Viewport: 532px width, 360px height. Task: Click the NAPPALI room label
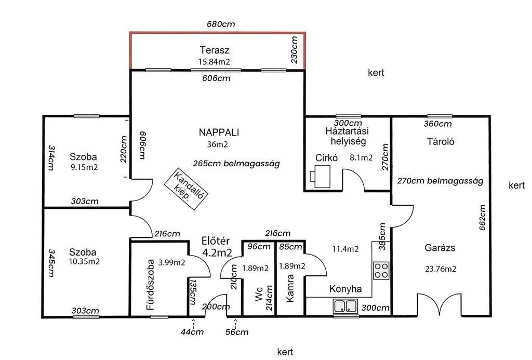[219, 132]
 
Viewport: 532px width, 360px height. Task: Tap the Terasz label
[215, 50]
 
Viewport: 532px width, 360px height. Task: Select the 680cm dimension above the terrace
[221, 24]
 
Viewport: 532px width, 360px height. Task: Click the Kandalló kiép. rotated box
[186, 189]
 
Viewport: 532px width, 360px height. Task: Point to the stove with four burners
[381, 271]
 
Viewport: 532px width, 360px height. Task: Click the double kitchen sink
[345, 306]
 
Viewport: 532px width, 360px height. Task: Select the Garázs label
[440, 248]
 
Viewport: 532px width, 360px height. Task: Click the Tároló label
[441, 141]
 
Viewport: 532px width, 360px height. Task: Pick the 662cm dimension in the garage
[482, 218]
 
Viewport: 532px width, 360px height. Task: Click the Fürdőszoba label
[150, 285]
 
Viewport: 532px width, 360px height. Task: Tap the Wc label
[259, 294]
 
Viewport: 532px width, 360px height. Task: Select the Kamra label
[290, 288]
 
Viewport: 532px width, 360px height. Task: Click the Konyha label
[345, 289]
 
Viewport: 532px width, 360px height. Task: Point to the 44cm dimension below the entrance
[192, 331]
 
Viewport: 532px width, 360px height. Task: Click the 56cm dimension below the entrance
[237, 332]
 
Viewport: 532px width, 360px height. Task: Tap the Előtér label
[216, 241]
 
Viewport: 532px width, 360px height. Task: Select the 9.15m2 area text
[84, 167]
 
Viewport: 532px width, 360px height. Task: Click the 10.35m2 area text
[84, 262]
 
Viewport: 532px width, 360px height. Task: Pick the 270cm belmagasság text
[440, 181]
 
